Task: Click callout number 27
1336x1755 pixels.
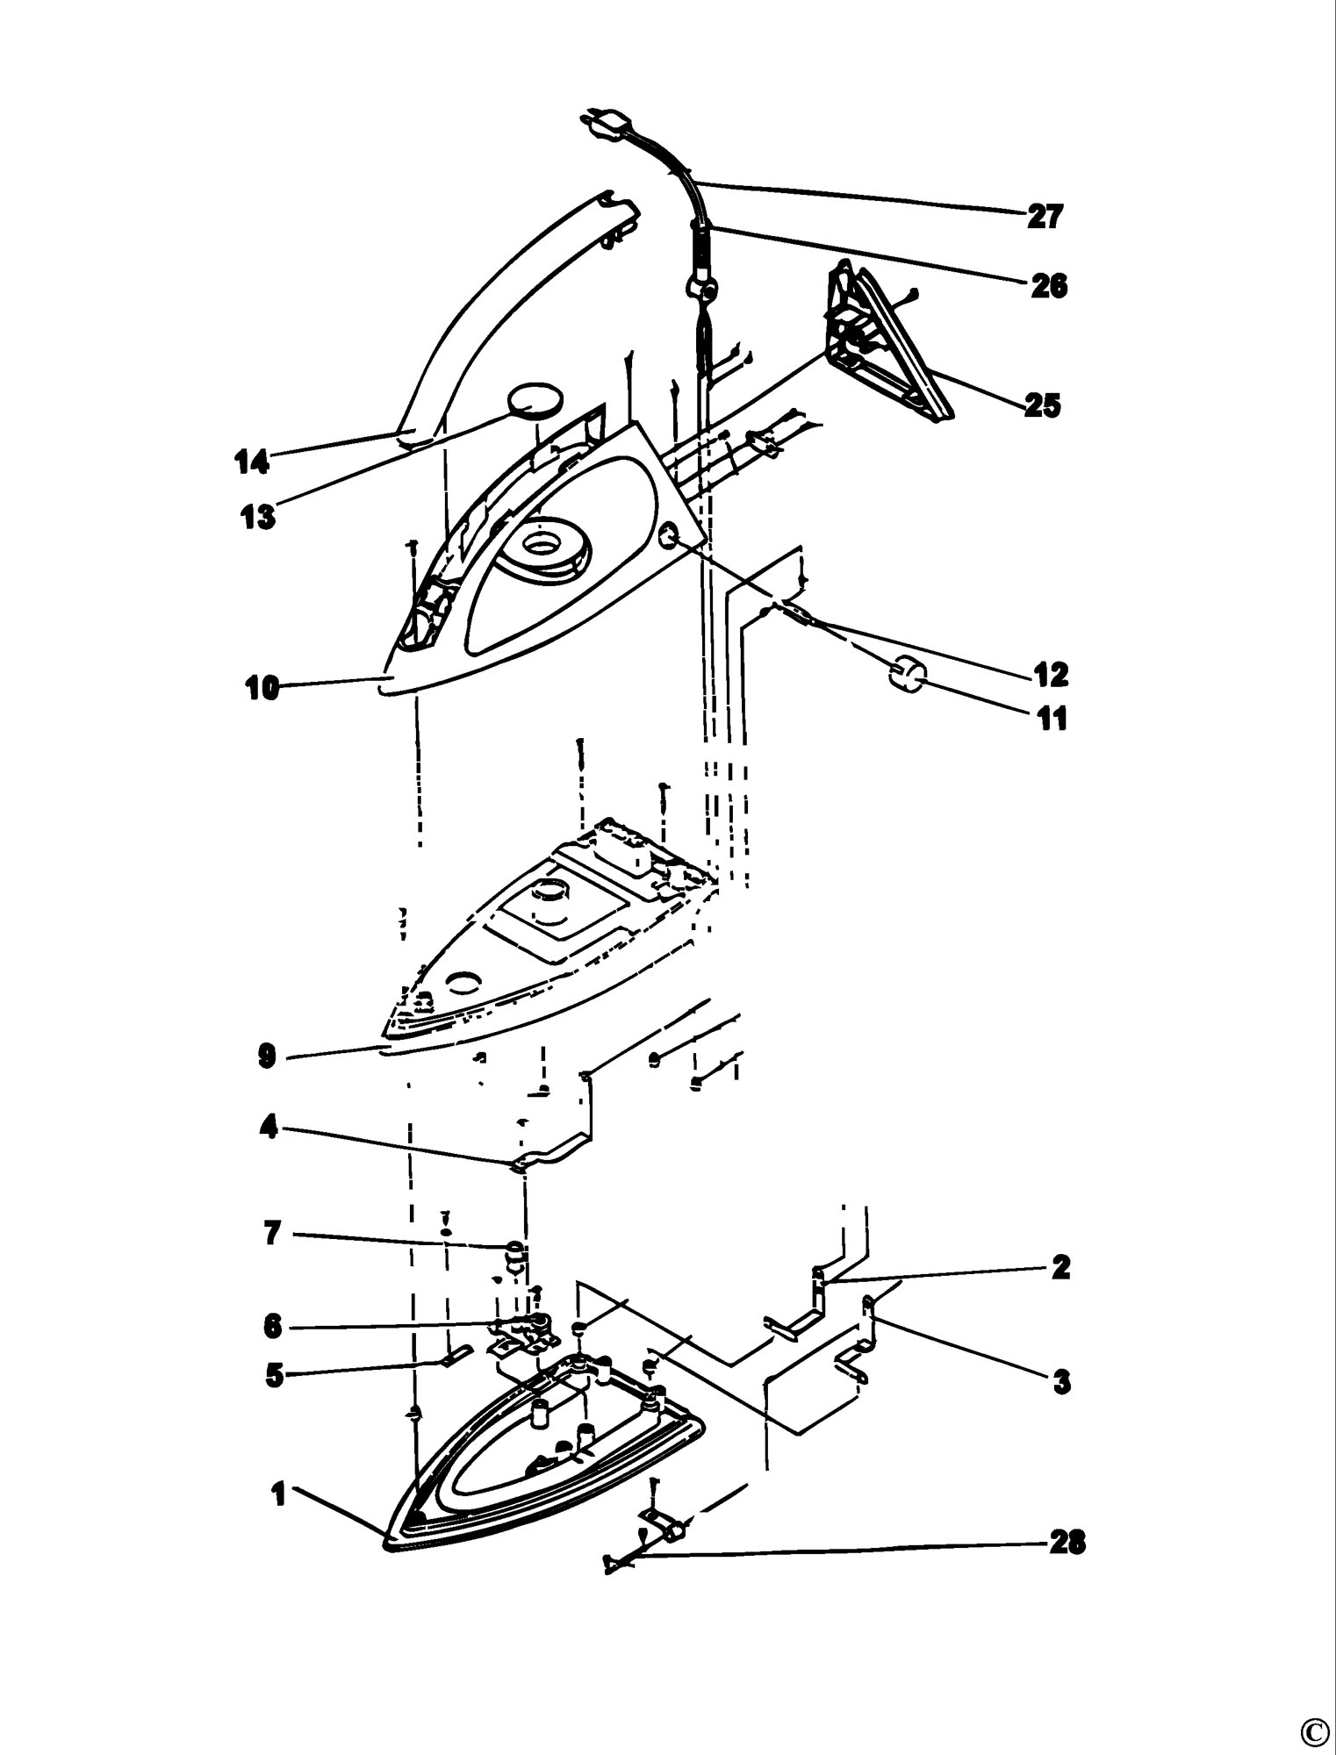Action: pos(1045,216)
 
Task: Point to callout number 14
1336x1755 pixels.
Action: pos(251,462)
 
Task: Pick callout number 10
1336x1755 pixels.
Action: pos(262,689)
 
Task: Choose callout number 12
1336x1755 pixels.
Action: pos(1051,675)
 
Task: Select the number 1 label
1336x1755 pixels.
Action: pos(279,1495)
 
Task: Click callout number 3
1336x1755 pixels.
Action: pos(1061,1383)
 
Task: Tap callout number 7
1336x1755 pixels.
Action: pos(272,1235)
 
